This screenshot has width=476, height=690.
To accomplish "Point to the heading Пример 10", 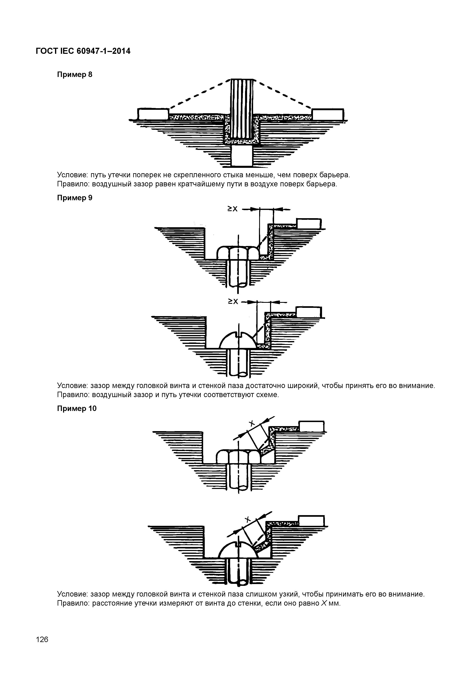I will click(x=77, y=409).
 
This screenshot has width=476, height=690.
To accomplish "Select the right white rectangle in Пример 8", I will click(x=327, y=114).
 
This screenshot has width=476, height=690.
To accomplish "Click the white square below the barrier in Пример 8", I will click(x=242, y=156).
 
